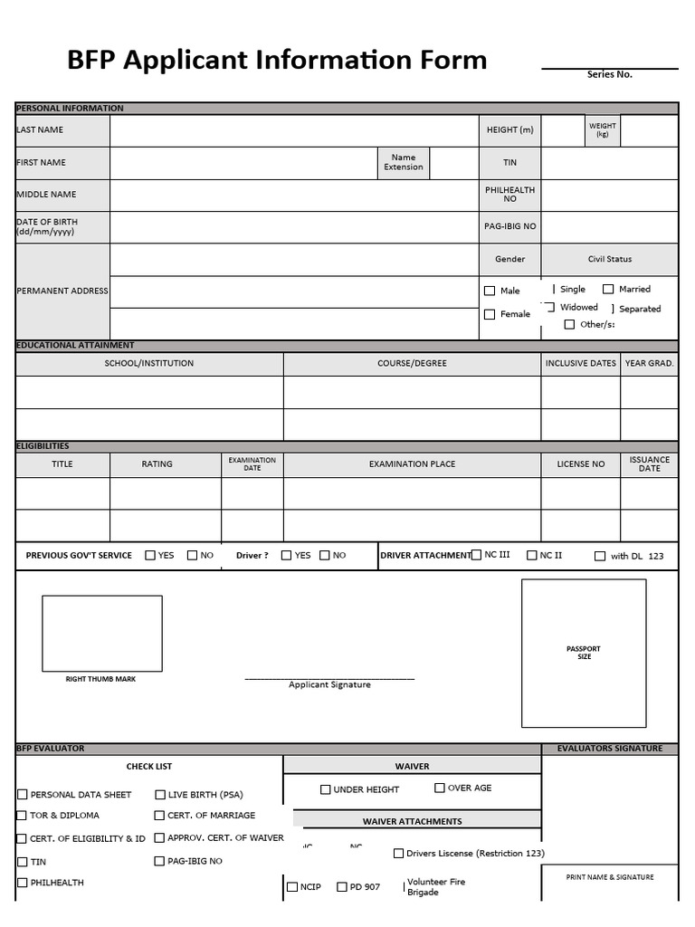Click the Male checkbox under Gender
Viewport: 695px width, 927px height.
[x=490, y=291]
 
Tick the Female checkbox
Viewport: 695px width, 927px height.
[x=490, y=315]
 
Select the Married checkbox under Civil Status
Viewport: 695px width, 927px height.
[x=608, y=290]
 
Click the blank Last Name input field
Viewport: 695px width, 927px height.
[x=294, y=130]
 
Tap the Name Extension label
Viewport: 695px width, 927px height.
[x=403, y=162]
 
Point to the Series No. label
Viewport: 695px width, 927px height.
[x=609, y=75]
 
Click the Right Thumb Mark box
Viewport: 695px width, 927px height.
[x=102, y=634]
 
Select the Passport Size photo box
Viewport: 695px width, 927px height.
[x=584, y=653]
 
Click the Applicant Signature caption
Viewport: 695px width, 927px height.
[x=329, y=685]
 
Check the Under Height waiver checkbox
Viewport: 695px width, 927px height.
[x=326, y=789]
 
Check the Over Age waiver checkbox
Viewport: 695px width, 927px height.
[x=440, y=788]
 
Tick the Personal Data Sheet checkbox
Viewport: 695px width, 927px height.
[x=23, y=795]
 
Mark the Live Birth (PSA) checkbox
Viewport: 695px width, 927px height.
[x=160, y=795]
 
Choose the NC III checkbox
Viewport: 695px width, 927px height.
[x=476, y=555]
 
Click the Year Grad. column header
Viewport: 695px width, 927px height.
[x=649, y=364]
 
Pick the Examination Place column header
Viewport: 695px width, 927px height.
[x=412, y=464]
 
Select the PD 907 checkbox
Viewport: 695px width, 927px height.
[x=342, y=887]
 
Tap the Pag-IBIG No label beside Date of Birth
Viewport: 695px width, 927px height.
[x=509, y=226]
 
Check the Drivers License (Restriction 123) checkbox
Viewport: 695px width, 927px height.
[x=398, y=853]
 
